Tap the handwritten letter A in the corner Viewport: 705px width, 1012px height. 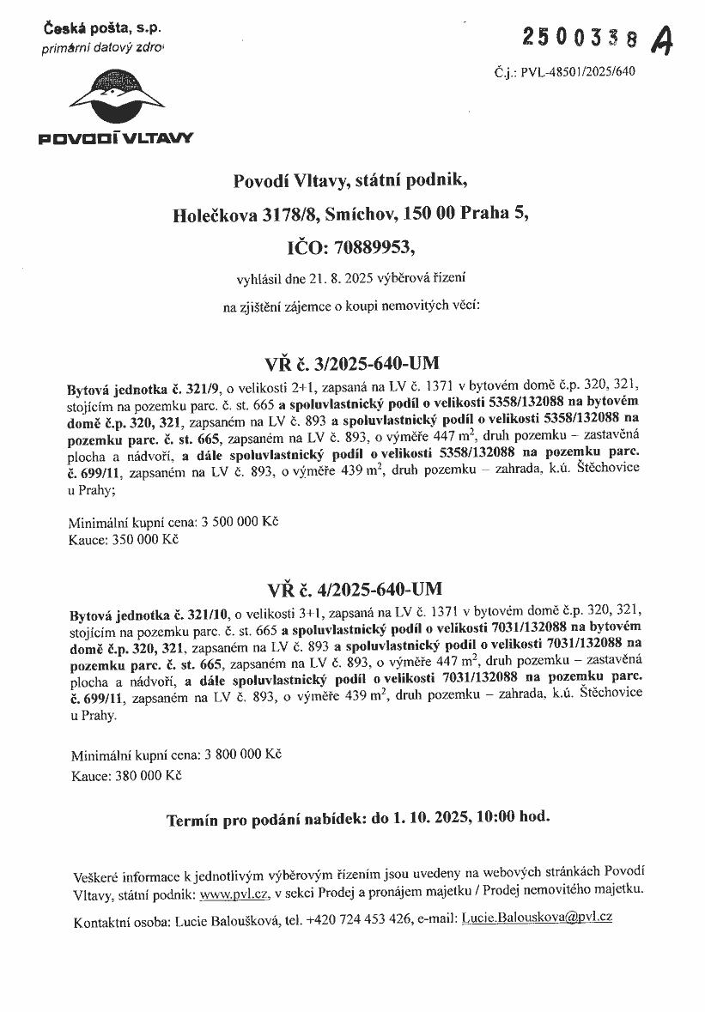[662, 39]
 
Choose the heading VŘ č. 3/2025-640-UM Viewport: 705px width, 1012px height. [352, 361]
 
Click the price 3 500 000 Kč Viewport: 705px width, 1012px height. [240, 521]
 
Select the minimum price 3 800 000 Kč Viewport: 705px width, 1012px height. [242, 755]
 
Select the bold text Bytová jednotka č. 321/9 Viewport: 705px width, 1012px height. [144, 388]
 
